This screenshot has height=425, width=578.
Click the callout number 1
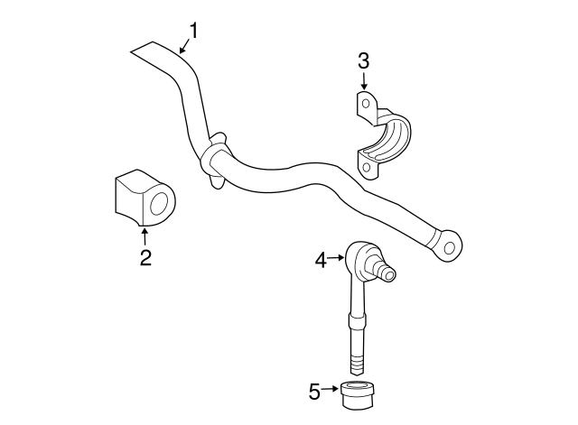click(192, 30)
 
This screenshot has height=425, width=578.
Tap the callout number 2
click(144, 258)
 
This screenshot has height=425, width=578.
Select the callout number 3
click(363, 61)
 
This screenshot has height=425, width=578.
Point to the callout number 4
click(321, 260)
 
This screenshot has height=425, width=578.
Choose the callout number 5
click(314, 391)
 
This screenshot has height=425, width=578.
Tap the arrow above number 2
click(144, 236)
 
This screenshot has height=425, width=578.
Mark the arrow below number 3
click(363, 82)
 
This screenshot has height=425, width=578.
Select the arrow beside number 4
click(336, 260)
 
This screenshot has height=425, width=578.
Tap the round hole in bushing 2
click(161, 202)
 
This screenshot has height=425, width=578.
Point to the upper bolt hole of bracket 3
click(366, 104)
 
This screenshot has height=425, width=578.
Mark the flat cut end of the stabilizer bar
click(143, 49)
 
